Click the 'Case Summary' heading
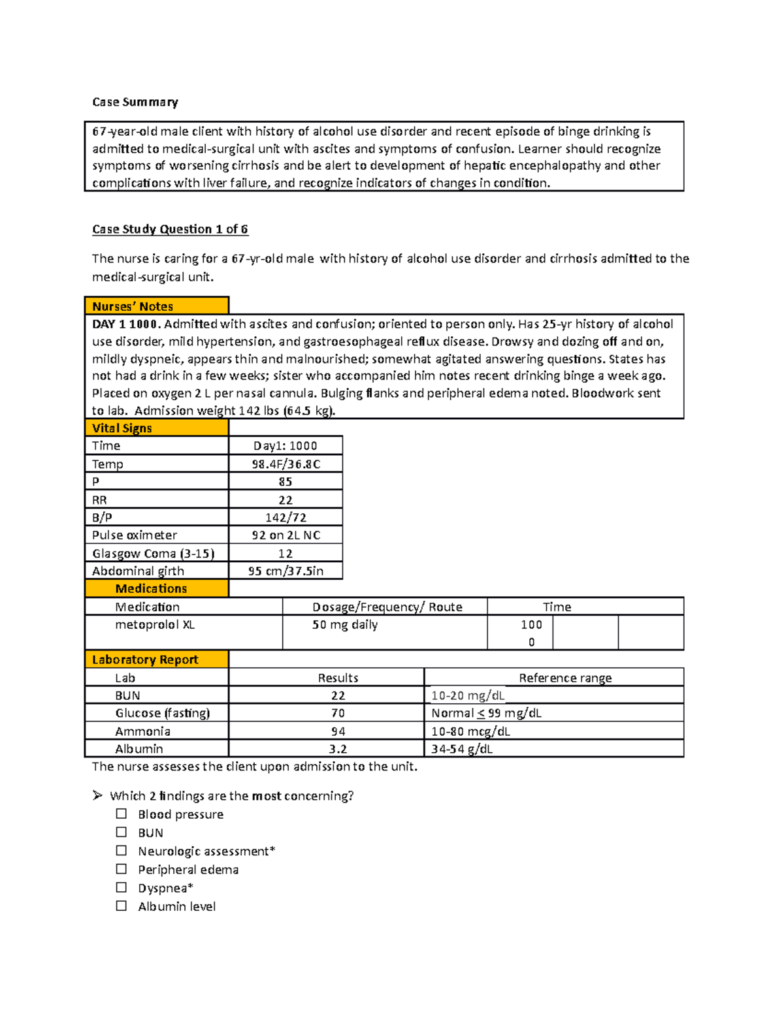point(135,102)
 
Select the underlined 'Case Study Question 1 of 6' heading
point(170,229)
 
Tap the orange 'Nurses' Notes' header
point(133,306)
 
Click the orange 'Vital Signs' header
point(122,428)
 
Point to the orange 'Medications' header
point(151,589)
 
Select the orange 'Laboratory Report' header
point(145,659)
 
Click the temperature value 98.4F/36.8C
point(286,464)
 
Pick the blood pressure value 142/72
point(286,518)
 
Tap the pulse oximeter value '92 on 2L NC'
point(286,535)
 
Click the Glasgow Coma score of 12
point(286,554)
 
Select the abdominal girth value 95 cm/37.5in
point(286,571)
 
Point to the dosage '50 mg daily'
point(345,625)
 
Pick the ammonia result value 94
point(338,731)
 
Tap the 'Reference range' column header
point(565,678)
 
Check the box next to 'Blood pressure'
point(122,814)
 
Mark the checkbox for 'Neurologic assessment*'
point(122,851)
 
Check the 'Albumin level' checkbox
point(122,906)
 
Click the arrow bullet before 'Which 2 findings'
point(97,795)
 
